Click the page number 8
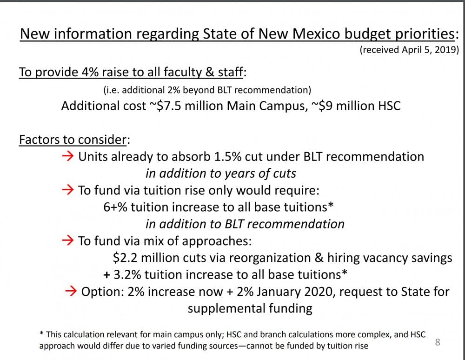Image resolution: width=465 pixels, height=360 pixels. pos(437,343)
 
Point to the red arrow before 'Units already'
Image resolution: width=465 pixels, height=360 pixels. pos(68,156)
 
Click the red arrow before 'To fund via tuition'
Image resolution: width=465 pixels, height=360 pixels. pos(68,190)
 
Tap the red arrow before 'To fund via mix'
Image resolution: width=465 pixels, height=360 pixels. pos(68,240)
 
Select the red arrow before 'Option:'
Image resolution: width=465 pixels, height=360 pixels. pos(71,292)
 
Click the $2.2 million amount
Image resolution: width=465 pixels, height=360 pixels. pos(142,258)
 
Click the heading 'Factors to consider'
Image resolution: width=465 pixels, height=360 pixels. pos(73,140)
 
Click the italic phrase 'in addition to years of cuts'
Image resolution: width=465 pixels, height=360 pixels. pos(221,173)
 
